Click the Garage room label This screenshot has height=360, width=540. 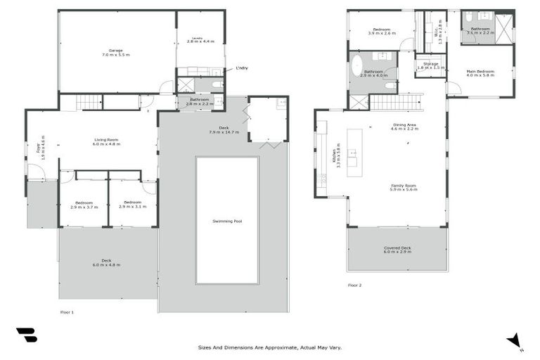[x=115, y=51]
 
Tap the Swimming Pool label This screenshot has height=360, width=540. [x=227, y=221]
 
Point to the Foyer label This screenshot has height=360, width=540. [x=39, y=148]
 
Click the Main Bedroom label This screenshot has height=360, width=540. [x=480, y=73]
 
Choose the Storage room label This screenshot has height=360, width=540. [x=430, y=65]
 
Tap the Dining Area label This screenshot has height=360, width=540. [x=404, y=127]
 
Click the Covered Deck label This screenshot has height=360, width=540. [x=397, y=250]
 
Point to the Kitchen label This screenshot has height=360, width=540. [x=337, y=155]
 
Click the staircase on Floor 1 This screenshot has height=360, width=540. [x=89, y=103]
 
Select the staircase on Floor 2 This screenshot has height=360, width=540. [x=394, y=103]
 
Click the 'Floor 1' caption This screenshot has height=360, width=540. [x=67, y=311]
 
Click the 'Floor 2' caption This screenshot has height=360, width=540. [x=354, y=285]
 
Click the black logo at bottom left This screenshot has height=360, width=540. [x=27, y=336]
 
